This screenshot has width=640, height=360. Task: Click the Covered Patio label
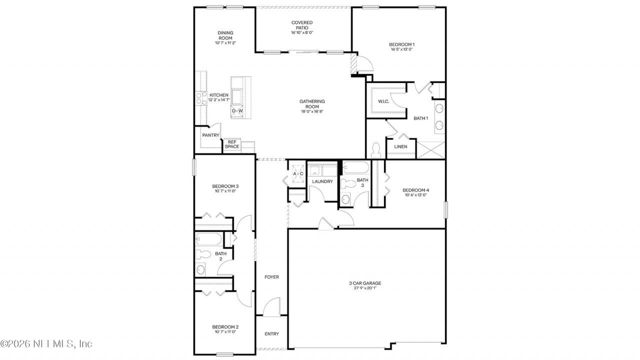[x=302, y=25]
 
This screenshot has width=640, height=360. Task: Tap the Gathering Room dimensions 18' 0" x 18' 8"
[x=312, y=111]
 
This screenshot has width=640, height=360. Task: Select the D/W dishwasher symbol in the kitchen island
[x=237, y=111]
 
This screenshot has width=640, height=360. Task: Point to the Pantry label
[x=210, y=135]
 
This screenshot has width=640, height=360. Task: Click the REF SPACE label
[x=232, y=144]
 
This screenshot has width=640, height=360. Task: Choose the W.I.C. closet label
[x=383, y=101]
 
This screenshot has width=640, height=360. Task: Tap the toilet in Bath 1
[x=376, y=150]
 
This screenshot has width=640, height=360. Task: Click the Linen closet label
[x=400, y=146]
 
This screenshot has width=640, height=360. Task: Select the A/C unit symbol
[x=298, y=173]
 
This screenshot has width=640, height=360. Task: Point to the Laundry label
[x=322, y=181]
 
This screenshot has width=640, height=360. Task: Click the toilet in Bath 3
[x=347, y=183]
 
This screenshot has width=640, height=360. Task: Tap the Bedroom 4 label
[x=415, y=190]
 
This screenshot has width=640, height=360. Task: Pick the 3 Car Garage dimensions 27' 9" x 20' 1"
[x=365, y=288]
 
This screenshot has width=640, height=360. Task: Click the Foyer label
[x=271, y=277]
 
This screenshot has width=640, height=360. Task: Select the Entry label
[x=271, y=333]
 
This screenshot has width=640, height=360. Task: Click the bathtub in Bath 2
[x=209, y=239]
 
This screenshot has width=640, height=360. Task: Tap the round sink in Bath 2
[x=200, y=269]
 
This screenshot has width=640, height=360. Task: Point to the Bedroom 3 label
[x=225, y=186]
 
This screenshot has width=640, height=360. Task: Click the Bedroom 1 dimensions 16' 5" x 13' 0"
[x=401, y=49]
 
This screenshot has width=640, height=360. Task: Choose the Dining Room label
[x=225, y=35]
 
